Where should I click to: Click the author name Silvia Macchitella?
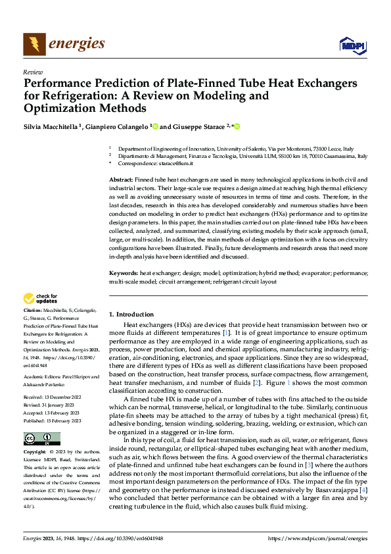pos(51,126)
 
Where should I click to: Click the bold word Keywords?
pos(123,272)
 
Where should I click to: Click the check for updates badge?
pos(41,299)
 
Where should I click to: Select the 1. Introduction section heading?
pos(131,314)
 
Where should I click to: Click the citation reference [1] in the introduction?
pos(226,334)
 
